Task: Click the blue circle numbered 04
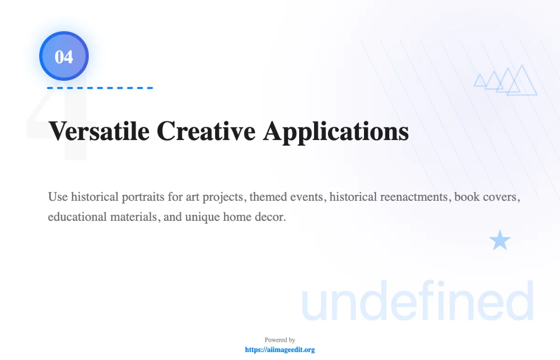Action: point(64,56)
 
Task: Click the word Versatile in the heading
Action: point(99,131)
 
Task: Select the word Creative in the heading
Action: point(206,131)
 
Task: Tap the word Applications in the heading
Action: point(336,132)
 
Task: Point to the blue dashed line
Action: point(100,88)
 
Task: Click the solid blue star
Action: point(500,240)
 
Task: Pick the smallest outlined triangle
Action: point(480,80)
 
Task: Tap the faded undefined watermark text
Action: point(418,300)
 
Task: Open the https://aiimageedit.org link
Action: point(280,349)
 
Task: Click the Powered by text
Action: point(280,340)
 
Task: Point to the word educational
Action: point(77,217)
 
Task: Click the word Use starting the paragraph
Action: point(58,197)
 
